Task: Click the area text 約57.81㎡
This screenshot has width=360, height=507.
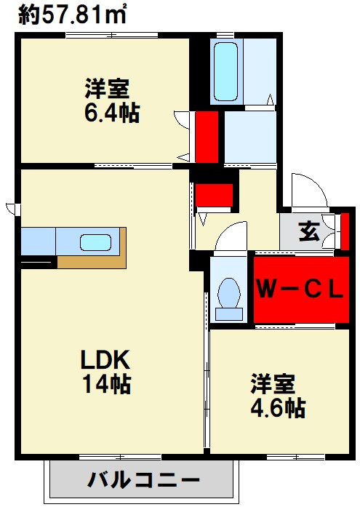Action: click(x=72, y=15)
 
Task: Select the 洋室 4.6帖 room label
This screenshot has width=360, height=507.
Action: click(x=278, y=396)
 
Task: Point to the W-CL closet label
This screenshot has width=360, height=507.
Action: click(x=300, y=290)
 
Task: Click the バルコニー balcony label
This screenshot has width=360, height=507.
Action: click(x=143, y=480)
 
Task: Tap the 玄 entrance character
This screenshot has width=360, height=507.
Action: click(x=310, y=231)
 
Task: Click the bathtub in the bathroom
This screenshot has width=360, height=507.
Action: click(x=225, y=71)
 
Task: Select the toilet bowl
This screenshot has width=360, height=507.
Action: click(x=229, y=299)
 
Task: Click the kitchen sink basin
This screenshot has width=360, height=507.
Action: click(x=96, y=242)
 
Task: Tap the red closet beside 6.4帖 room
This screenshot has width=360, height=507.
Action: click(x=207, y=137)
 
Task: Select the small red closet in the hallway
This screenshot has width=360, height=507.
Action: click(x=215, y=195)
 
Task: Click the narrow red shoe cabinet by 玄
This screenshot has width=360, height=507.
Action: click(x=345, y=231)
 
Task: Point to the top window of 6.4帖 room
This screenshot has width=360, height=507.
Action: click(x=111, y=35)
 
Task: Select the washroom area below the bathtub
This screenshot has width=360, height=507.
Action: click(x=250, y=137)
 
